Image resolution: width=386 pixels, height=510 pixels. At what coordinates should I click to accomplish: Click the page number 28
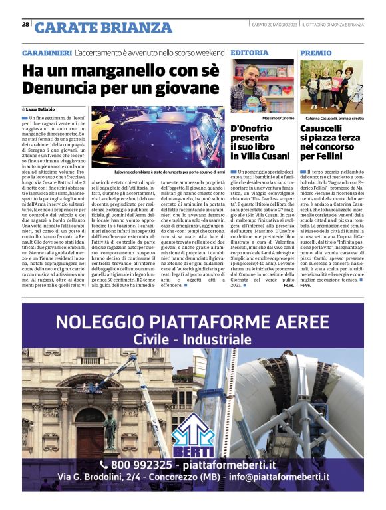[25, 25]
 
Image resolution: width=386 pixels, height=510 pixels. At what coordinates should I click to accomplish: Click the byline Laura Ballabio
[42, 109]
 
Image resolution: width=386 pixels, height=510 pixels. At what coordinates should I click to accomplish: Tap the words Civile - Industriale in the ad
[192, 340]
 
